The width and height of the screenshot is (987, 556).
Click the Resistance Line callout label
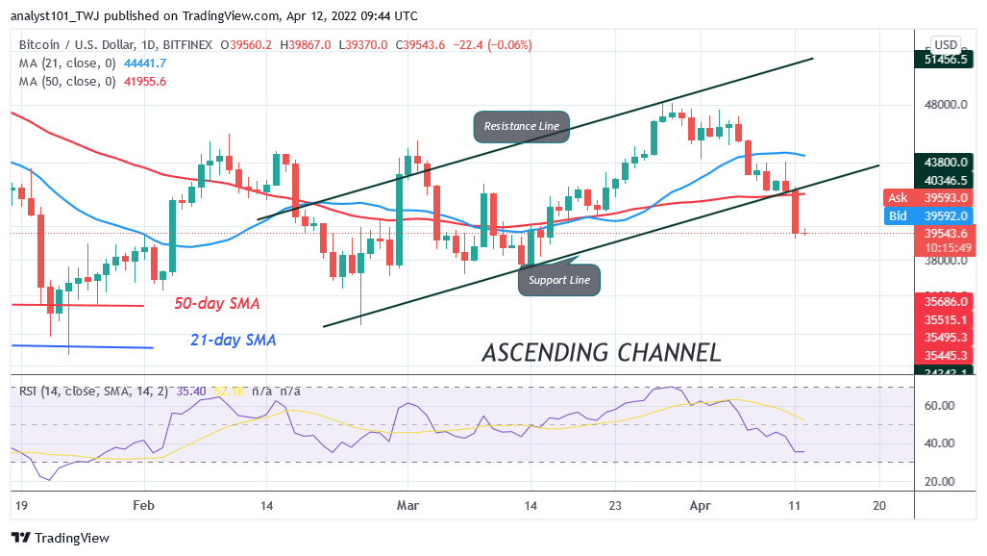[x=521, y=126]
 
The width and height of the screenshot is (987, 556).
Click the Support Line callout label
[x=559, y=280]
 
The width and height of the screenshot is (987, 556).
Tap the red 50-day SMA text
[x=216, y=303]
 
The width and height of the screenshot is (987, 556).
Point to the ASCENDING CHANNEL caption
[x=601, y=352]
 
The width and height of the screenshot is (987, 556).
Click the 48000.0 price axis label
[x=940, y=105]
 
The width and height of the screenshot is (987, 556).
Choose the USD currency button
[x=946, y=44]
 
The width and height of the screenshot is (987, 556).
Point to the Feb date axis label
[x=144, y=504]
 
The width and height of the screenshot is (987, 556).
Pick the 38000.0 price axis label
[x=940, y=260]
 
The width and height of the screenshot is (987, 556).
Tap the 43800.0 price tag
[x=946, y=163]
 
